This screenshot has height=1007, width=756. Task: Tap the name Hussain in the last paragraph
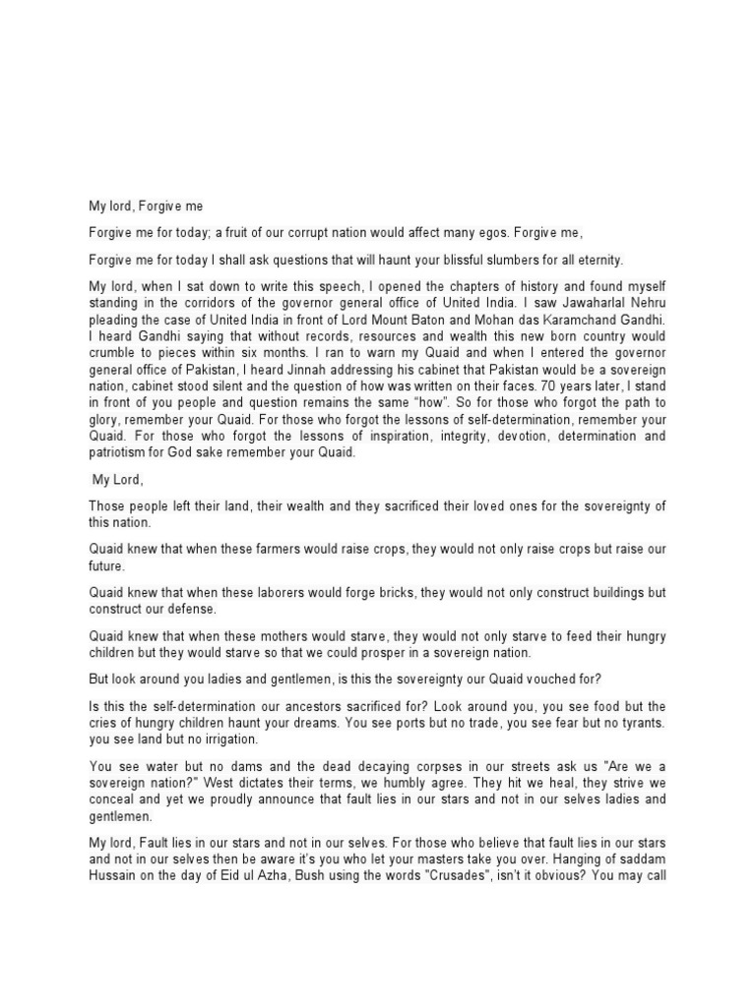pos(116,876)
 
